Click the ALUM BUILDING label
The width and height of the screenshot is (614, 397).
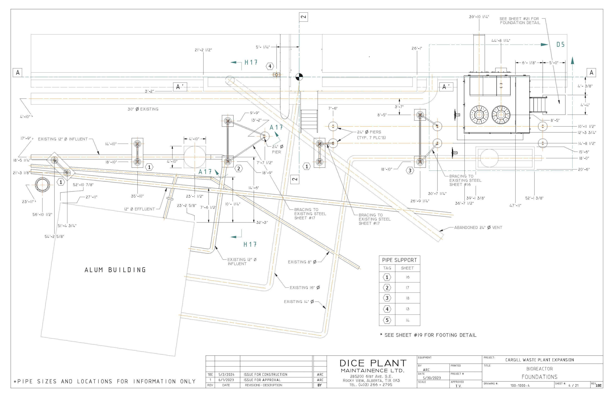115,270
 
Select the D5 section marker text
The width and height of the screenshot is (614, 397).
560,45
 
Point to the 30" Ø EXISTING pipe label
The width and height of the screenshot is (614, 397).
143,109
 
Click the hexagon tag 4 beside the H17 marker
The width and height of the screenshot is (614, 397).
270,66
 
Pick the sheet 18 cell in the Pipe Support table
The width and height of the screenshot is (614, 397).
407,298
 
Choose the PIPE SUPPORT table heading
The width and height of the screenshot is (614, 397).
399,260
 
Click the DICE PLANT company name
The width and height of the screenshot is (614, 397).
373,363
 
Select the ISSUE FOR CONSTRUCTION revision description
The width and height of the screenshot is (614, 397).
265,374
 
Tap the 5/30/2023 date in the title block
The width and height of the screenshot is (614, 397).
432,378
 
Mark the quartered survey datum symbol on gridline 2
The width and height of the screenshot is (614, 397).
299,77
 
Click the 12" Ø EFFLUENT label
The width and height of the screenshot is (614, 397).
139,209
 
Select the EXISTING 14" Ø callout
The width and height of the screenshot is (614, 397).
299,302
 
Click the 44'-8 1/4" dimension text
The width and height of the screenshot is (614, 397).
501,41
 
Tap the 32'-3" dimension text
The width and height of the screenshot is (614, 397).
262,222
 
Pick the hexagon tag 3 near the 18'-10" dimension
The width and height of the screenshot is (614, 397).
410,170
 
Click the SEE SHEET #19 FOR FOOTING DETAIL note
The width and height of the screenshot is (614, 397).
428,335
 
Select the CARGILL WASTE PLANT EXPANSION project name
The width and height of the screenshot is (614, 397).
539,360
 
